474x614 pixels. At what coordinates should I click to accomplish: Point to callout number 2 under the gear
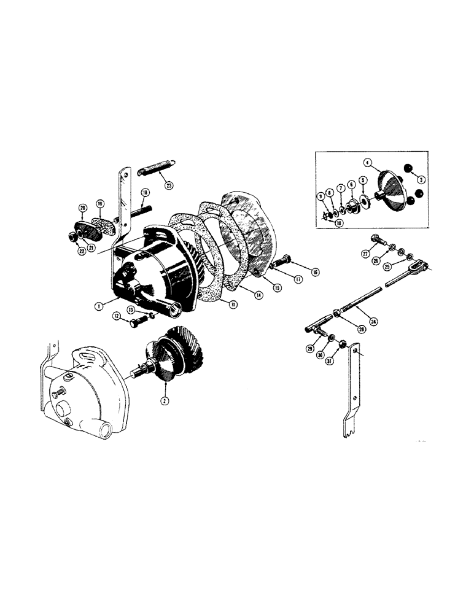point(165,397)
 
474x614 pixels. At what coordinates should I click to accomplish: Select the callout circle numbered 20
point(82,208)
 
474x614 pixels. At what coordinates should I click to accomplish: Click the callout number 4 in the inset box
point(368,163)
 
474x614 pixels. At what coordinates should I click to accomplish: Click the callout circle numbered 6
point(352,184)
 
